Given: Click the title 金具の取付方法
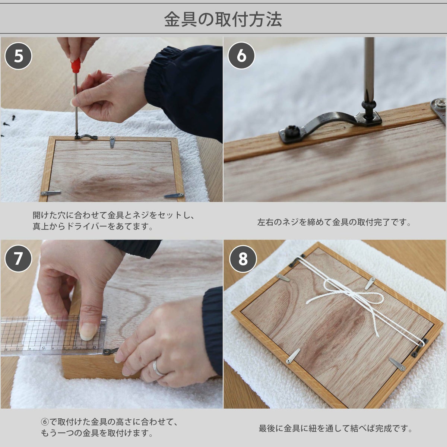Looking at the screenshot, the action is click(x=223, y=19).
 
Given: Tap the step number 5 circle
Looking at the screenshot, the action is click(x=18, y=56).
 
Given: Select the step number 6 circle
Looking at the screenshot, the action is click(x=241, y=56).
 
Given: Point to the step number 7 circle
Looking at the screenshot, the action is click(x=18, y=259).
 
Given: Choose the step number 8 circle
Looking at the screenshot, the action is click(x=243, y=259).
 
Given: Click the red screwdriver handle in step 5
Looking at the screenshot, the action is click(x=76, y=65).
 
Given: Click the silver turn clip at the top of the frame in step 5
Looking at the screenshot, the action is click(x=112, y=142).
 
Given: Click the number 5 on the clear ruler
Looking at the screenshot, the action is click(x=43, y=348).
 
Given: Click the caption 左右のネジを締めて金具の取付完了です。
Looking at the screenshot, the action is click(x=334, y=222).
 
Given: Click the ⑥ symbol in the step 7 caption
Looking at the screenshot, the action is click(x=45, y=421).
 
